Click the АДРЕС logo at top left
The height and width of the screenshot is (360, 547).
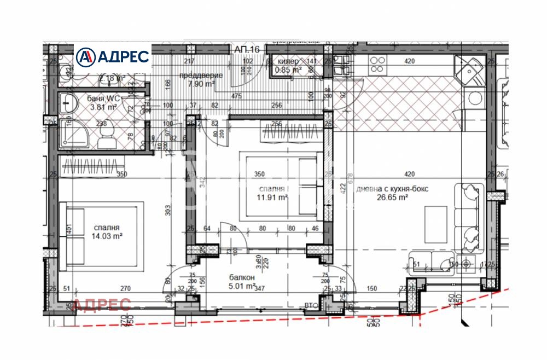click(x=113, y=56)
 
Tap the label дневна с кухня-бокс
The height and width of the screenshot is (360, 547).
click(x=392, y=189)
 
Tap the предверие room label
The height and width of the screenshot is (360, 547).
click(x=201, y=76)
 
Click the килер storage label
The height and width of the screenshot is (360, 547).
click(x=289, y=62)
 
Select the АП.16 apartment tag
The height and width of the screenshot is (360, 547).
click(x=248, y=49)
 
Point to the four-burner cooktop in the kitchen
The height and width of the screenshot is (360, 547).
click(x=377, y=65)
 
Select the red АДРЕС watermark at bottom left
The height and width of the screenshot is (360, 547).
click(x=102, y=305)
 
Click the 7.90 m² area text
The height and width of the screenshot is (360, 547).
click(x=200, y=84)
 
